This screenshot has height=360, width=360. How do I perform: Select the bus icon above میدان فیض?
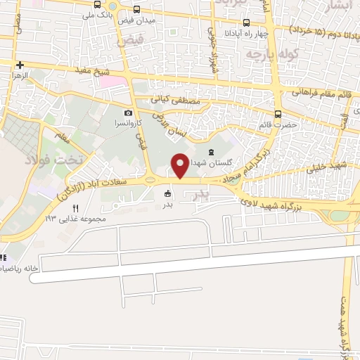coord(136,9)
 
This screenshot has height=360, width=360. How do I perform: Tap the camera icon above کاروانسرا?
coord(128,112)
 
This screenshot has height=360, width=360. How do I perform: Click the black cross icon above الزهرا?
coord(19,64)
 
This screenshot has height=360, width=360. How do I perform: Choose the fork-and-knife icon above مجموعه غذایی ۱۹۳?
coord(75,208)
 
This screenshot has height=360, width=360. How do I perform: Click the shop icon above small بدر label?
coord(167,194)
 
